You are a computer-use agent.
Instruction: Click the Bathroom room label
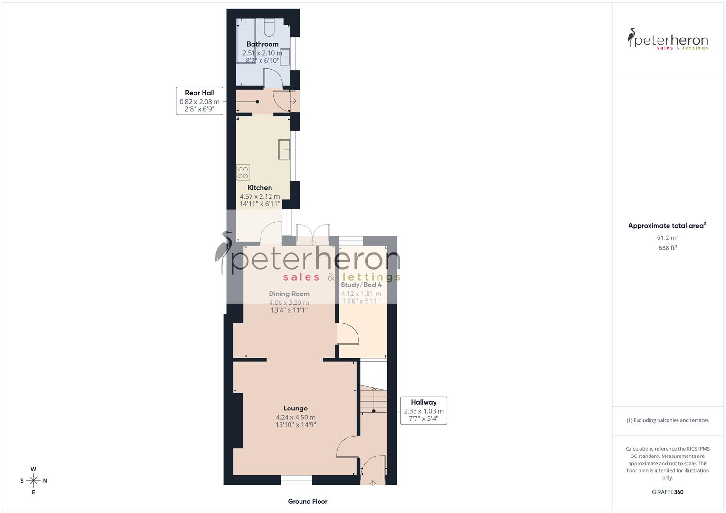[262, 44]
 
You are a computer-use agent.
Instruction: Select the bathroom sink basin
[285, 57]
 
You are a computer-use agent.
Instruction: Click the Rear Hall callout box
[200, 101]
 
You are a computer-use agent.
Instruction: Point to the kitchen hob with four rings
[243, 172]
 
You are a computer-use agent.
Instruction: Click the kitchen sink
[284, 149]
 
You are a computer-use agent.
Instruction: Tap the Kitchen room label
[260, 188]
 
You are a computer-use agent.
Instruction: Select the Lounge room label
[295, 408]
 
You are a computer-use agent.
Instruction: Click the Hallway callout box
[423, 410]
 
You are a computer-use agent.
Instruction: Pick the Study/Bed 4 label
[361, 285]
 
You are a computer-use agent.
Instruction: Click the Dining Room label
[289, 294]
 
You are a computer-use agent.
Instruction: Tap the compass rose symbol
[33, 481]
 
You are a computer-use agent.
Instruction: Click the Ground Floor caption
[308, 501]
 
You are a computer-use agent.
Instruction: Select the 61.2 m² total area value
[668, 237]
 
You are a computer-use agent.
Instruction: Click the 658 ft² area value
[668, 248]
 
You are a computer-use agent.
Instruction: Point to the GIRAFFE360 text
[668, 492]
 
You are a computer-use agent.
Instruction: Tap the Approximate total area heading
[667, 226]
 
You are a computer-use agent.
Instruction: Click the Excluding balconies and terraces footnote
[668, 420]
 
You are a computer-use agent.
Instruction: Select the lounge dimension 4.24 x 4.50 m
[295, 418]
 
